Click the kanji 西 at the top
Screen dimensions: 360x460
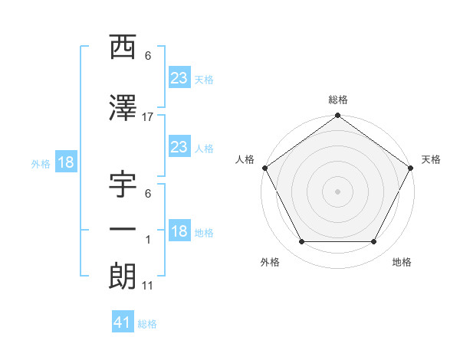pyautogui.click(x=123, y=48)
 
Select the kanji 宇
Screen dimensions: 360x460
pyautogui.click(x=123, y=186)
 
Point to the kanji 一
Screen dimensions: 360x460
pyautogui.click(x=123, y=230)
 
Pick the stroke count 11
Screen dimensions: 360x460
pyautogui.click(x=148, y=286)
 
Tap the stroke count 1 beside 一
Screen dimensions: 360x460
pyautogui.click(x=148, y=240)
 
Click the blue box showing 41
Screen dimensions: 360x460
pyautogui.click(x=123, y=322)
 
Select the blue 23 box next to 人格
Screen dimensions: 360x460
pyautogui.click(x=179, y=147)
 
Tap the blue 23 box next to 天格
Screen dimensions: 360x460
pyautogui.click(x=179, y=78)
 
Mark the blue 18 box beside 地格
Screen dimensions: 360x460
pyautogui.click(x=179, y=232)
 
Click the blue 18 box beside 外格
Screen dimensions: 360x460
pyautogui.click(x=65, y=162)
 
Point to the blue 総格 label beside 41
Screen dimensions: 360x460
pyautogui.click(x=147, y=324)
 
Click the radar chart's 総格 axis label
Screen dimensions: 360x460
pyautogui.click(x=338, y=100)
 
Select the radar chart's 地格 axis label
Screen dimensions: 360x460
pyautogui.click(x=402, y=263)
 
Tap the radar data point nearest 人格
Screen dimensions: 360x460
pyautogui.click(x=264, y=168)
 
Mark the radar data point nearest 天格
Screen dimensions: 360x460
pyautogui.click(x=412, y=168)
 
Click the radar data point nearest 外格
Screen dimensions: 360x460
pyautogui.click(x=301, y=242)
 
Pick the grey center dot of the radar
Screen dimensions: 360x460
pyautogui.click(x=338, y=191)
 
